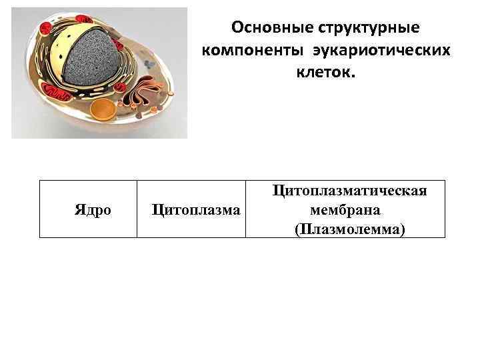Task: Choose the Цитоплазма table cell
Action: click(196, 210)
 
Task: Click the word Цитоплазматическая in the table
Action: click(349, 191)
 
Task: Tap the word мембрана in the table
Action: click(345, 210)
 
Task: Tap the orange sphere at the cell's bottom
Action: click(103, 109)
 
